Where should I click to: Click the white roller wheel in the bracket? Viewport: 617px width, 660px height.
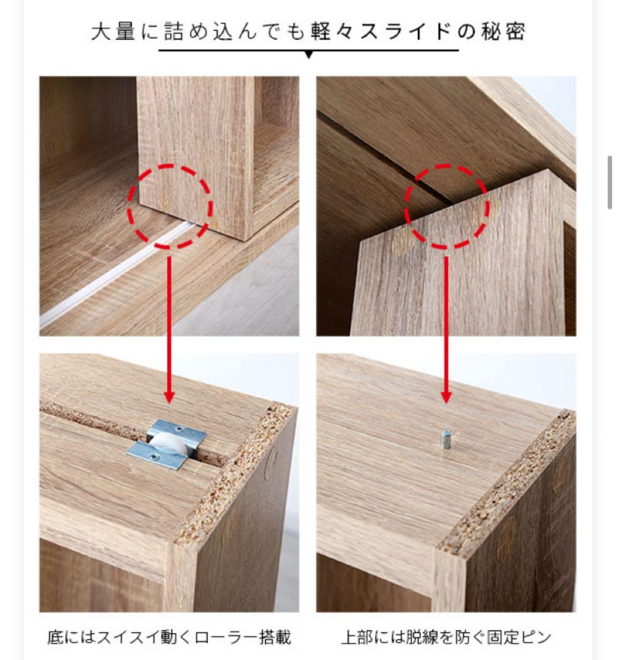[166, 444]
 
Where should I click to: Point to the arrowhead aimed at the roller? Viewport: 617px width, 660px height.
[169, 397]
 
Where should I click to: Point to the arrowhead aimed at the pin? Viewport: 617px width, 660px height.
[446, 397]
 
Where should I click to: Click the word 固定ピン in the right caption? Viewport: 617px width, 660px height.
[519, 637]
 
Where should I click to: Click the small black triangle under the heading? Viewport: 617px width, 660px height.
[308, 55]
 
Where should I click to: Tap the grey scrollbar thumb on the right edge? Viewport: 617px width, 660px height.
[610, 182]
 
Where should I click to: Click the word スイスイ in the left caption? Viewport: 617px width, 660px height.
[128, 637]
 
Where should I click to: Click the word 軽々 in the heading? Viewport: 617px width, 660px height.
[331, 32]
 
